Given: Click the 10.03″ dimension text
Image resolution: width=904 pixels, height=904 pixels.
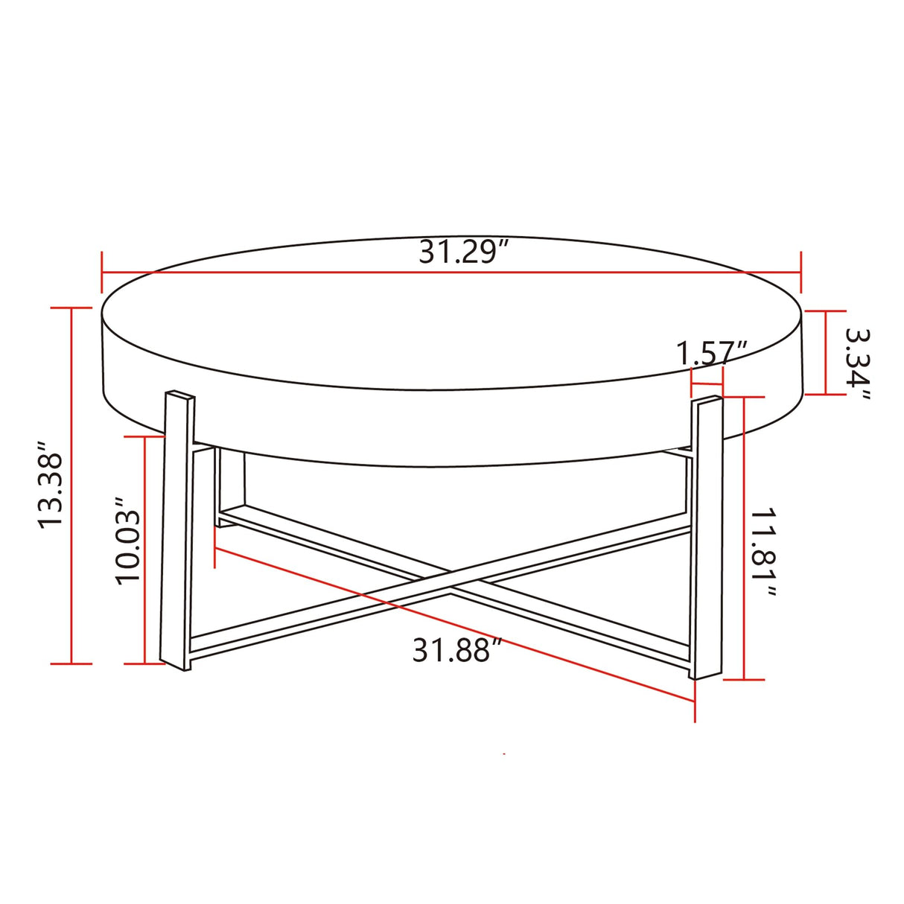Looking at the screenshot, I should point(128,536).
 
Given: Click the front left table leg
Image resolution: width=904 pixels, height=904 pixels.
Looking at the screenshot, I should point(177,529).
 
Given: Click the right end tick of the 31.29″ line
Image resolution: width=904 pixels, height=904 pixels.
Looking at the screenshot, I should point(801,273).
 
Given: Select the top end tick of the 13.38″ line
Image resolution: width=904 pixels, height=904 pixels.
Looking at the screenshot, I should point(71,308).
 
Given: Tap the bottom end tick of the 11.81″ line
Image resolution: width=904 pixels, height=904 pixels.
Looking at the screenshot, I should point(745,679).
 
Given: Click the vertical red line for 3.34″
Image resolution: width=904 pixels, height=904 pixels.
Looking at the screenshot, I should point(826,353).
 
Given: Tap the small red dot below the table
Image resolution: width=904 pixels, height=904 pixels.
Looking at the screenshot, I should point(505,754).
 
